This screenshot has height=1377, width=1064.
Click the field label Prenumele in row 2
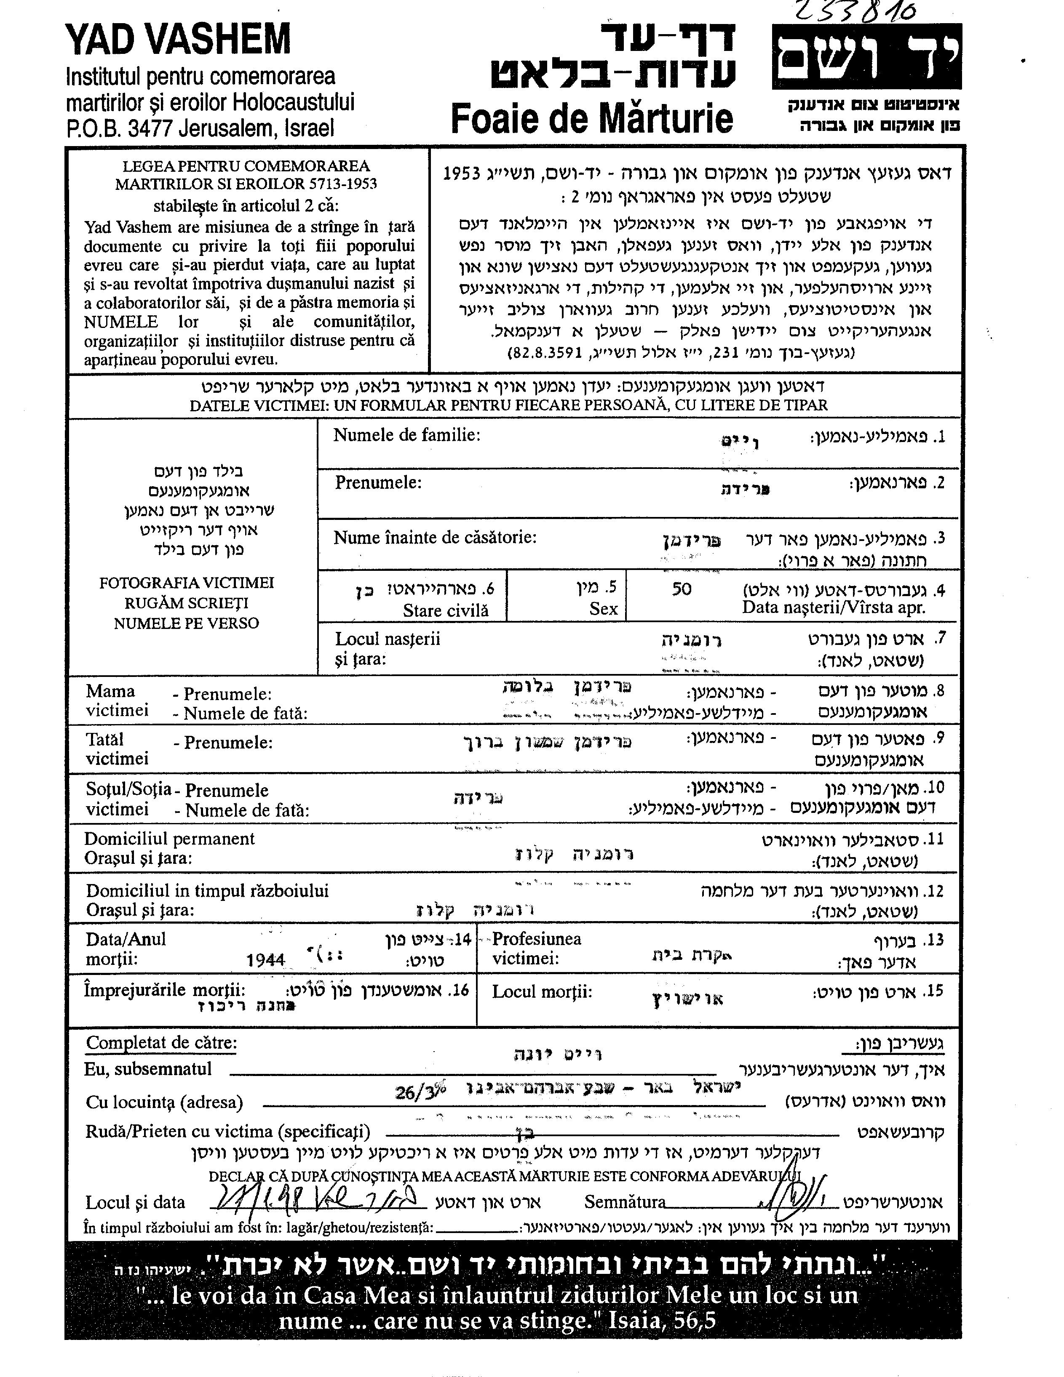378,483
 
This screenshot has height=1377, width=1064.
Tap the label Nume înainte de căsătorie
435,538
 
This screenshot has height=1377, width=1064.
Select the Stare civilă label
445,610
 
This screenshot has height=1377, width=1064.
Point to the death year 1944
265,960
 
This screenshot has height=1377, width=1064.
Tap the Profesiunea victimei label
536,948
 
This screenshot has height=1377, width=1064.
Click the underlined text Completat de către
161,1043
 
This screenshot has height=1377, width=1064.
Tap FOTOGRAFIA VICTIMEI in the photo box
186,583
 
